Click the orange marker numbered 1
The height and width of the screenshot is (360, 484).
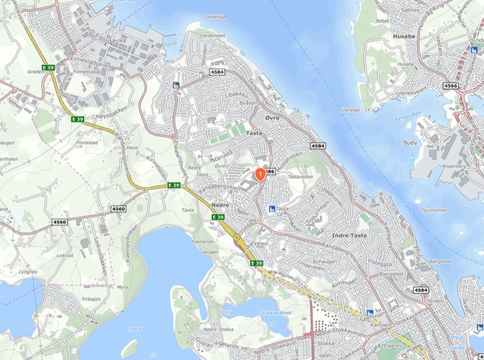[x=260, y=174]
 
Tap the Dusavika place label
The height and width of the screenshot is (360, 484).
[x=114, y=41]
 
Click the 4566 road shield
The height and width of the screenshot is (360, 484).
[x=451, y=86]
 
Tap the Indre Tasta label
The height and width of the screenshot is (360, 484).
[x=349, y=235]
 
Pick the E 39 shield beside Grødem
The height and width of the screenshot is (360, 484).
[x=48, y=67]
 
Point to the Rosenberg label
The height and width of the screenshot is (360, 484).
[x=454, y=166]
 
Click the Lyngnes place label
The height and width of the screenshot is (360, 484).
[x=28, y=272]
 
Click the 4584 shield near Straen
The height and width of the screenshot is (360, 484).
[x=420, y=290]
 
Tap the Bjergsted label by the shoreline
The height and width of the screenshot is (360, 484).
[x=440, y=261]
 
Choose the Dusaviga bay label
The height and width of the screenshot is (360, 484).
[x=216, y=16]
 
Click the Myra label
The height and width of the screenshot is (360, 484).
[x=122, y=287]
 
